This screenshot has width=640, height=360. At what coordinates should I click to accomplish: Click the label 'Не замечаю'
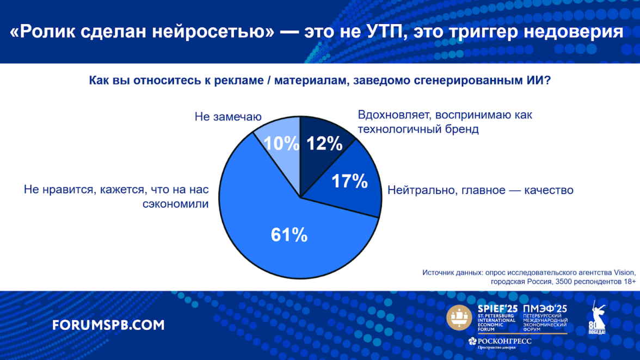228,116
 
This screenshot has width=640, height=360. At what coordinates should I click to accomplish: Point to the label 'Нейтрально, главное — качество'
481,190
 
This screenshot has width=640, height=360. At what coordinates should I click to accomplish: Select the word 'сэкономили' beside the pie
175,204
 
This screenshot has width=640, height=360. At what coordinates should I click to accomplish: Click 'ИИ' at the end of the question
537,80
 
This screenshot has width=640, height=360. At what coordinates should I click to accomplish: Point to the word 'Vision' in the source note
625,272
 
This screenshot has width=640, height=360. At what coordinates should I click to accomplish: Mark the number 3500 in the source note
563,282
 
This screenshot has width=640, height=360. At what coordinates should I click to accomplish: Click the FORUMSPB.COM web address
108,325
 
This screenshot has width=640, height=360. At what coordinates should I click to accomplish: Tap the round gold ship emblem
459,317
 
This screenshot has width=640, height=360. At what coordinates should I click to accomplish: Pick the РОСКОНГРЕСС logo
500,343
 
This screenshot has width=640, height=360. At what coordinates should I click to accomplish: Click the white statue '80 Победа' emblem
596,318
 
